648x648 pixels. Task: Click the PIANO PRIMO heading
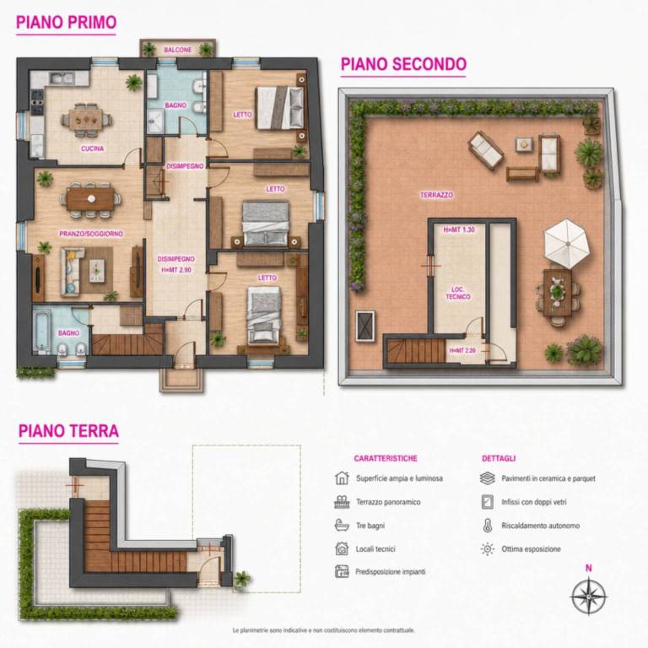click(x=66, y=22)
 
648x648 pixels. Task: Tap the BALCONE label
click(x=178, y=50)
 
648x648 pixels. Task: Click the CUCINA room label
click(x=92, y=148)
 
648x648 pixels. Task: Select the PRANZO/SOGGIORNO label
click(x=91, y=234)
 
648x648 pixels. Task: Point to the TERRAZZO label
click(x=436, y=195)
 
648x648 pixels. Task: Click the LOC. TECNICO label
click(x=458, y=293)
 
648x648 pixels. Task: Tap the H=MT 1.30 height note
click(x=459, y=229)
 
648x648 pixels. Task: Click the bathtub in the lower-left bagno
click(x=41, y=330)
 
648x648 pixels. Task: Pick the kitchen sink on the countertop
click(x=62, y=78)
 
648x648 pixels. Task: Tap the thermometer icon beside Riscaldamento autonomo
click(x=488, y=526)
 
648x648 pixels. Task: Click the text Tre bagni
click(x=370, y=526)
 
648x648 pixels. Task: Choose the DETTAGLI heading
click(x=499, y=458)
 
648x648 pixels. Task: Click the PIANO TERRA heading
click(x=68, y=431)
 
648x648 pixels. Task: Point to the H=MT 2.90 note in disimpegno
click(x=176, y=270)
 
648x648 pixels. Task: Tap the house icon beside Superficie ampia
click(x=342, y=478)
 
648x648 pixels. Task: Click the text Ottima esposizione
click(x=531, y=549)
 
